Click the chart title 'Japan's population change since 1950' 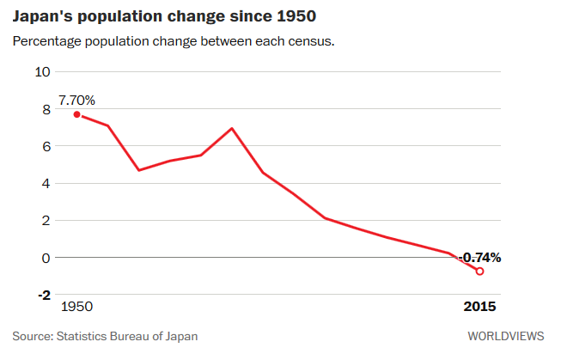click(x=162, y=17)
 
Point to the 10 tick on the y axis click(x=43, y=71)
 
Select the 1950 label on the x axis click(x=77, y=307)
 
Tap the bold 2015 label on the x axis click(x=479, y=307)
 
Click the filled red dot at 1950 click(x=76, y=114)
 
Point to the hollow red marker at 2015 click(x=479, y=271)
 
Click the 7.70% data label click(x=76, y=101)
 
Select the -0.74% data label click(x=479, y=257)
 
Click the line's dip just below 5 click(x=139, y=170)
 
